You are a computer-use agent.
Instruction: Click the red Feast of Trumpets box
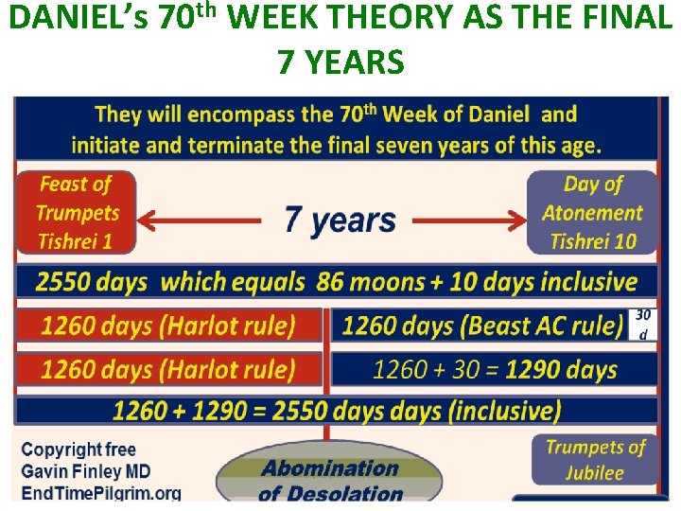76,213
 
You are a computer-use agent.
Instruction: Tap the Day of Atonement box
592,213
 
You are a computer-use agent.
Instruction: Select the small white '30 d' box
643,325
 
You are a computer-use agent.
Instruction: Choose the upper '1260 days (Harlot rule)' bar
168,326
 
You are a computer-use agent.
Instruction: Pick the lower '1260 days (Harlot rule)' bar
168,368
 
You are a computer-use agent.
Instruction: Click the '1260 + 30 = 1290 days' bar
494,368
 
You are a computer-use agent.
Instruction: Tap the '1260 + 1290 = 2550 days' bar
337,411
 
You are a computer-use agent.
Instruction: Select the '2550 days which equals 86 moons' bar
337,281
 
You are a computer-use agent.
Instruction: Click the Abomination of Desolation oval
330,479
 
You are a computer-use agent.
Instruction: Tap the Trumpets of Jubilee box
594,459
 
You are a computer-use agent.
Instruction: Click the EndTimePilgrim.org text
101,492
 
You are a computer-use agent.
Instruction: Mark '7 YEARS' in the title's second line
340,62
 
